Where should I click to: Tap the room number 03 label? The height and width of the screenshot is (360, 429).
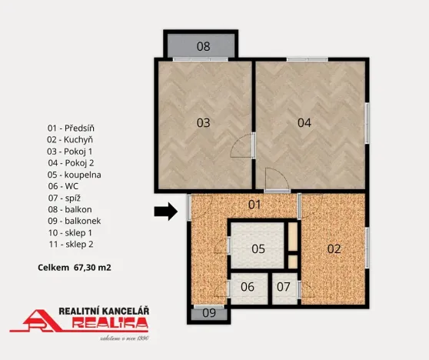coord(203,122)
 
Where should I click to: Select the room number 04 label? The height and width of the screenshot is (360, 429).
coord(304,122)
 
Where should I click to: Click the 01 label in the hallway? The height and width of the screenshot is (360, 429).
coord(255,205)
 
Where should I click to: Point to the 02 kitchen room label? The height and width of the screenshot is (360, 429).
coord(334,248)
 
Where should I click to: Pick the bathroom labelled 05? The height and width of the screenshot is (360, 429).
coord(258,248)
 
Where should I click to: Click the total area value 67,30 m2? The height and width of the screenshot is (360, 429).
coord(92,268)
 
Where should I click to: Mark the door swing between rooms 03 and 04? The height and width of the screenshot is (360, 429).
coord(244,145)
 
